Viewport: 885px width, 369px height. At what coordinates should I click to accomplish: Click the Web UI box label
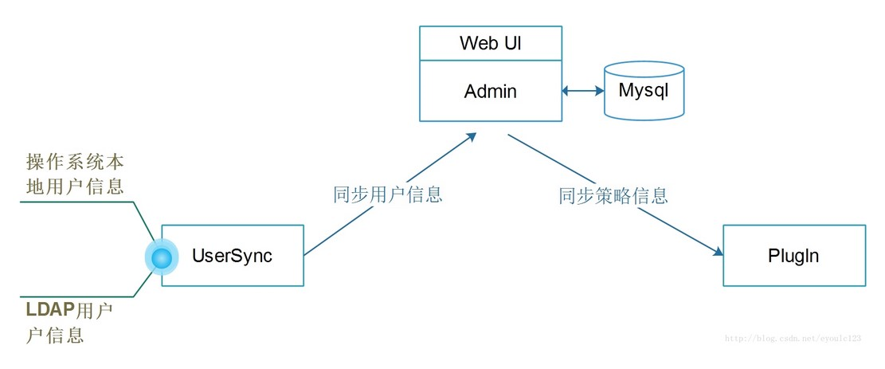click(490, 43)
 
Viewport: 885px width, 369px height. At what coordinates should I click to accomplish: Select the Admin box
click(490, 91)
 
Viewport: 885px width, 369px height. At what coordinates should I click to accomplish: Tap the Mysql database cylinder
click(644, 91)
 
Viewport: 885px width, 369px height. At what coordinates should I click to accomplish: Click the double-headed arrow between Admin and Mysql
click(583, 91)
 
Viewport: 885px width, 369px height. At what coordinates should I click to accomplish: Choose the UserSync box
click(233, 255)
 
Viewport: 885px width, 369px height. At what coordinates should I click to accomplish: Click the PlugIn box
click(793, 255)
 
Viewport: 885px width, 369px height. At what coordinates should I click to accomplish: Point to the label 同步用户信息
click(387, 194)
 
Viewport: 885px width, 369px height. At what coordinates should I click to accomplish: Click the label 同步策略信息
click(613, 194)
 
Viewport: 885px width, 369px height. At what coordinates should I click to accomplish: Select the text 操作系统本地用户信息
click(75, 175)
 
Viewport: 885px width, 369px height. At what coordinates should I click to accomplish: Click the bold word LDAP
click(49, 308)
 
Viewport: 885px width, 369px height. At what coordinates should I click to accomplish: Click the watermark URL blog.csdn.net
click(793, 338)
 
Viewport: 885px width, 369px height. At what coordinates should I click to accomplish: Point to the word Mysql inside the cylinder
click(644, 90)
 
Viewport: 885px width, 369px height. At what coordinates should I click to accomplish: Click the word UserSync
click(232, 256)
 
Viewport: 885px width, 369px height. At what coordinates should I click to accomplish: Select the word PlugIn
click(793, 256)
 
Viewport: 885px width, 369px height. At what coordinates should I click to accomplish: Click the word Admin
click(490, 92)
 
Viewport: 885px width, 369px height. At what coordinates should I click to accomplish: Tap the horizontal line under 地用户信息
click(76, 202)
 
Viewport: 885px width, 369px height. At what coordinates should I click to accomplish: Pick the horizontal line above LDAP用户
click(76, 295)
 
